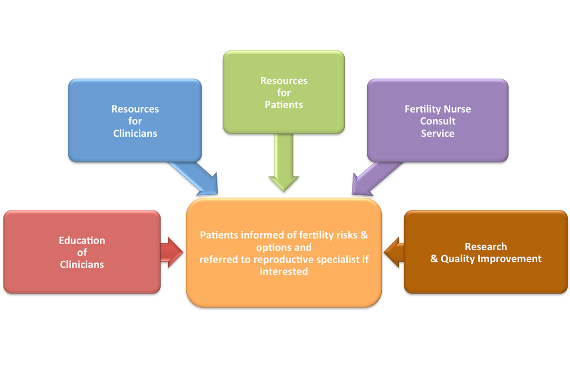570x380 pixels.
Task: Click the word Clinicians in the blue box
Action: pyautogui.click(x=135, y=133)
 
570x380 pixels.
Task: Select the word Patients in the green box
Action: pyautogui.click(x=284, y=105)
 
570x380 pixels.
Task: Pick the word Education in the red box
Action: pyautogui.click(x=82, y=241)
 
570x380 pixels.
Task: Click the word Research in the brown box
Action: pyautogui.click(x=485, y=247)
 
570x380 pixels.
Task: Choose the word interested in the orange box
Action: pyautogui.click(x=284, y=272)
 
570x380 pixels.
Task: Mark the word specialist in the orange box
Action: pyautogui.click(x=342, y=259)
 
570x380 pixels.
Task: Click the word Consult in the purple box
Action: pyautogui.click(x=437, y=121)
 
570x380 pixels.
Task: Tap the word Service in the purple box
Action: pyautogui.click(x=437, y=133)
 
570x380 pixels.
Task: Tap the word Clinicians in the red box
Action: pyautogui.click(x=82, y=265)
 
